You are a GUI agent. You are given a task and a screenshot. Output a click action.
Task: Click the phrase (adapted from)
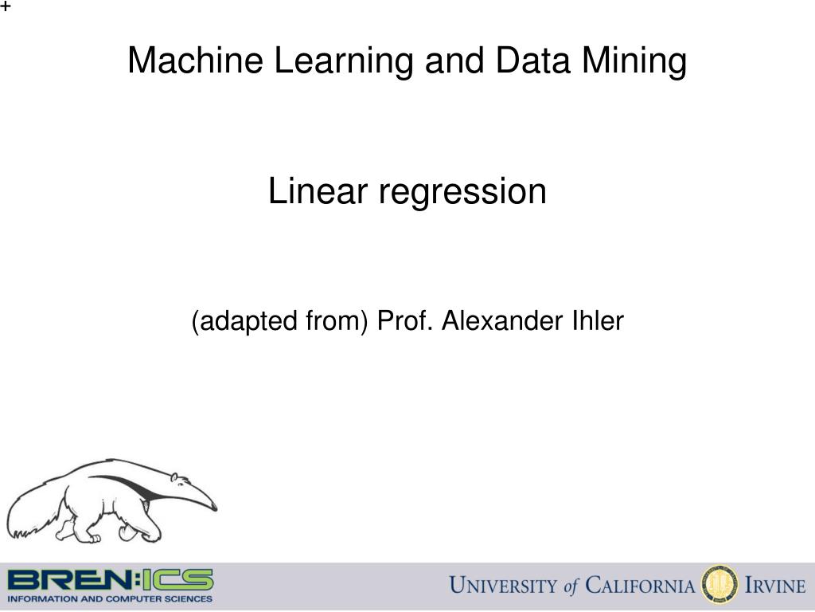(x=280, y=321)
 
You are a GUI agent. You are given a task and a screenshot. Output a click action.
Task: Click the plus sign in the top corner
(x=6, y=7)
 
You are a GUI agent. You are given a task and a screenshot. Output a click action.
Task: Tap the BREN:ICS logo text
(x=110, y=579)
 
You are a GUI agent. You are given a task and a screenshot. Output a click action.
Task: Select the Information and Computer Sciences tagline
(x=110, y=598)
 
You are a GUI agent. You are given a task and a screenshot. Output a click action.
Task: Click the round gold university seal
(x=718, y=586)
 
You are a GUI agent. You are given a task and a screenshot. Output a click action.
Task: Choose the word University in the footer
(x=503, y=586)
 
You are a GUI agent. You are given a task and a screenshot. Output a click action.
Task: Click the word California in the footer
(x=639, y=586)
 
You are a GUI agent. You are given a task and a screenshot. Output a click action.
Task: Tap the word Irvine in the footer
(x=774, y=586)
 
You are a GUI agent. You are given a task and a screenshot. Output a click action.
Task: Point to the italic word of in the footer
(x=571, y=587)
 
